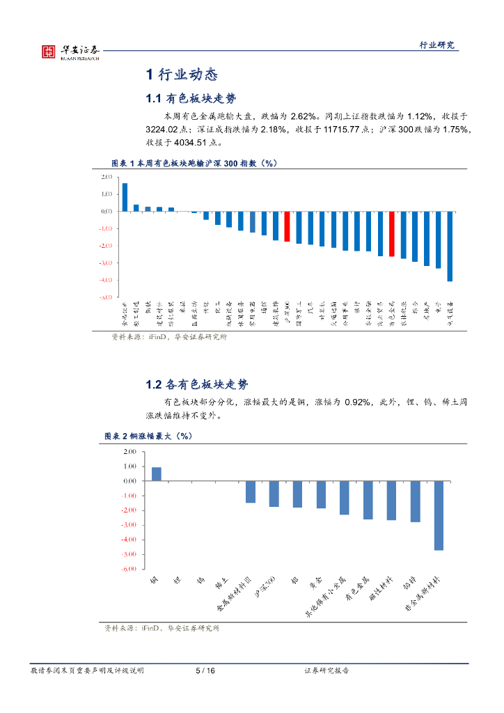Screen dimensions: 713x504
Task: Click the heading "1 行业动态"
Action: pos(182,75)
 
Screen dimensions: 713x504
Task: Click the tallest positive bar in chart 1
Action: pos(125,197)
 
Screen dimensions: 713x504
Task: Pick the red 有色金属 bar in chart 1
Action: pos(392,234)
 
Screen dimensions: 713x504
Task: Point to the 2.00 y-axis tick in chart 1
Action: pos(107,177)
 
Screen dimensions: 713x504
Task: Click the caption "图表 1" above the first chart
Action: pos(126,163)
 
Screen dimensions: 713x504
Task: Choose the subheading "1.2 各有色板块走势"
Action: pos(196,384)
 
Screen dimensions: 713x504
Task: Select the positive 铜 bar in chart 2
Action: pos(157,474)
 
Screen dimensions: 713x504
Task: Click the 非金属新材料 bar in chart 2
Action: pos(439,515)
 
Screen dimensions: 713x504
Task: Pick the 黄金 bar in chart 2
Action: pos(321,494)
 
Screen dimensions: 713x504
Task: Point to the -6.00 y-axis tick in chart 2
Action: pos(129,569)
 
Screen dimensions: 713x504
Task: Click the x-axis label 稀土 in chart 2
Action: pos(222,581)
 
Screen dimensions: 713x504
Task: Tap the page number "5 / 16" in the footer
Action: pos(205,671)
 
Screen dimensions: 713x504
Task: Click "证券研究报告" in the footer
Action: pos(326,671)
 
